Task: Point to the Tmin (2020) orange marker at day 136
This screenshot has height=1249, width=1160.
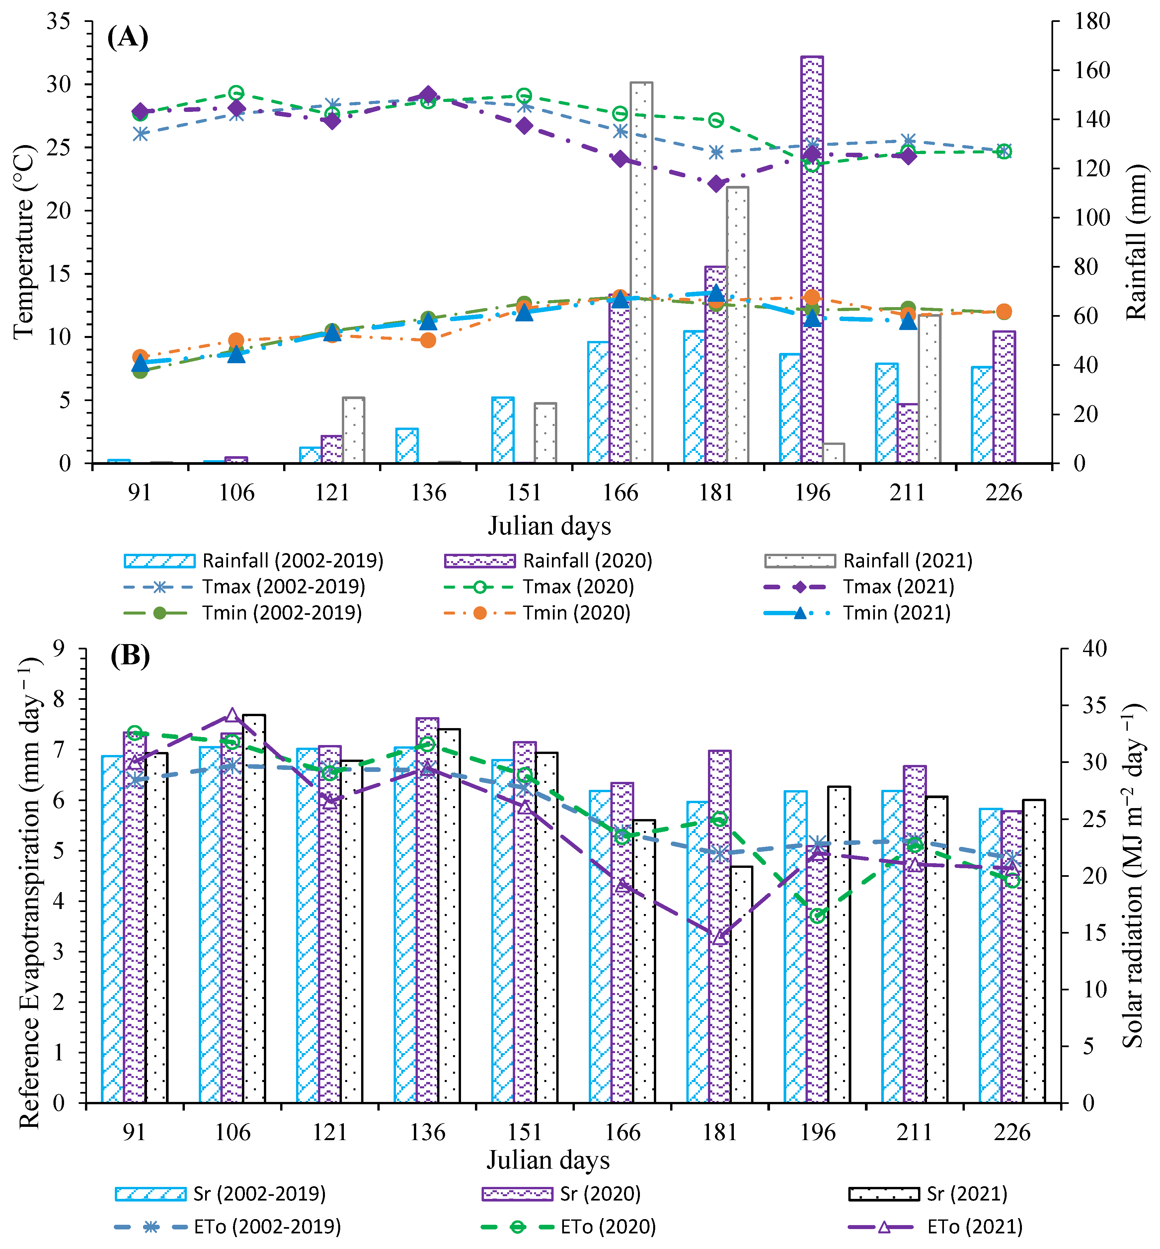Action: click(x=428, y=340)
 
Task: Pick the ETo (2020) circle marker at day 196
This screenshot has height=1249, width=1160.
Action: click(x=817, y=916)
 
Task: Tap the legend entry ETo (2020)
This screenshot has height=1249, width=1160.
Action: click(x=569, y=1227)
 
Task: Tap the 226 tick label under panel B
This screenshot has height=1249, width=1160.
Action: click(x=1012, y=1132)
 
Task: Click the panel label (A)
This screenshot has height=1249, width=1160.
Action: click(x=127, y=37)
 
